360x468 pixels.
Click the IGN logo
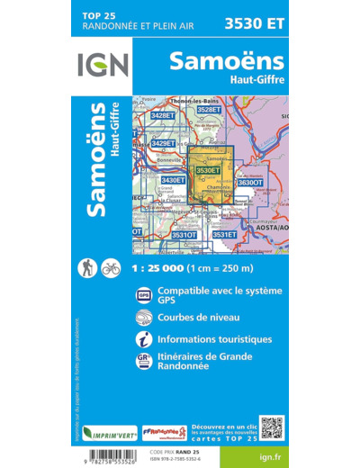(x=103, y=65)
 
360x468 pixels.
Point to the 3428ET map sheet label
(x=163, y=116)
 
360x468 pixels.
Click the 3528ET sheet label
(x=208, y=110)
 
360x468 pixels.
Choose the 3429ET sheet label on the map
(x=163, y=143)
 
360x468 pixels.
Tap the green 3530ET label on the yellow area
(x=208, y=170)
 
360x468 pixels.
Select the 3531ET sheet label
(x=224, y=234)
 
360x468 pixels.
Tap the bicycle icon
(x=111, y=267)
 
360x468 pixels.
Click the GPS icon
(x=143, y=295)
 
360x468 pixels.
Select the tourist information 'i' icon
(x=143, y=340)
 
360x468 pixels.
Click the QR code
(x=272, y=427)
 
